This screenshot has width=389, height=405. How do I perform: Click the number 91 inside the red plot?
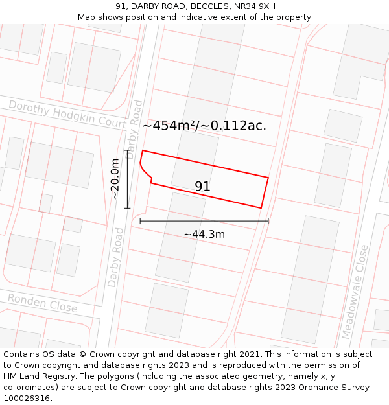click(x=202, y=187)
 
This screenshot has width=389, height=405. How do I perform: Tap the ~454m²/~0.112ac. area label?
click(x=204, y=126)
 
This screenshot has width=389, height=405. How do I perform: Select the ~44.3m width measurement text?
click(x=204, y=234)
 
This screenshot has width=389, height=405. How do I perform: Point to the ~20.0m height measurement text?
click(x=115, y=179)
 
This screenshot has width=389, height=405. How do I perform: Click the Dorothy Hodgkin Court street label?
click(x=67, y=114)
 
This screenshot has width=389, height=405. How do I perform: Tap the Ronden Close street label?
click(x=42, y=303)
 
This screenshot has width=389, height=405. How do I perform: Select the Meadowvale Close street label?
click(x=355, y=292)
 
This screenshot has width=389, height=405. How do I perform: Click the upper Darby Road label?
click(x=134, y=129)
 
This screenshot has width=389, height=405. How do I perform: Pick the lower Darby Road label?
click(x=115, y=257)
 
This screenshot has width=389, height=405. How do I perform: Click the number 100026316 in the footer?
click(x=27, y=399)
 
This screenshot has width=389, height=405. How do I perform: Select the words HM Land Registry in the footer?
click(x=34, y=376)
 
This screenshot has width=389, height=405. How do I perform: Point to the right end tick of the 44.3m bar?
click(x=268, y=221)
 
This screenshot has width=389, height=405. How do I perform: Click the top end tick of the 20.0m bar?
click(x=127, y=151)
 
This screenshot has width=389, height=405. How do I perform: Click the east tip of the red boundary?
click(x=268, y=177)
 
